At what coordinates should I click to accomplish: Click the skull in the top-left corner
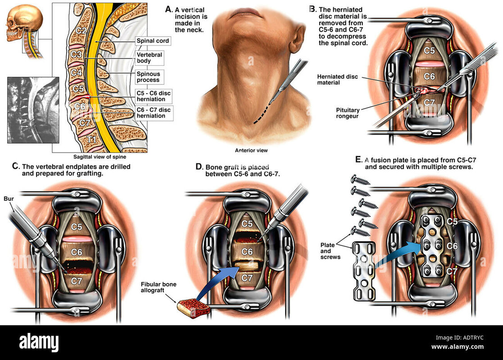pos(23,22)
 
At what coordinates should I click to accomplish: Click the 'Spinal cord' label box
pos(153,41)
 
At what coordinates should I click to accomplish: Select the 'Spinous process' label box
pos(148,76)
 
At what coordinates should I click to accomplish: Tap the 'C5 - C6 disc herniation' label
pos(154,95)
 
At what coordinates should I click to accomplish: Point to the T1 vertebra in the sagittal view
pos(91,139)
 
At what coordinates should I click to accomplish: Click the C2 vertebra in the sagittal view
pos(82,31)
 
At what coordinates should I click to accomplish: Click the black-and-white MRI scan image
pos(33,110)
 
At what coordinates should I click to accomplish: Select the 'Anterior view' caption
pos(248,151)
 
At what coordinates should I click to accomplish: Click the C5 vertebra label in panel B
pos(429,51)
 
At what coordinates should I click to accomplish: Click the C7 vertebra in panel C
pos(77,281)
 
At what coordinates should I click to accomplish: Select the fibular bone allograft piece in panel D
pos(194,308)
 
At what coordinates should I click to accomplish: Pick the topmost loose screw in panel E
pos(360,180)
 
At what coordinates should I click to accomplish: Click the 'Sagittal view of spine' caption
pos(100,157)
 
